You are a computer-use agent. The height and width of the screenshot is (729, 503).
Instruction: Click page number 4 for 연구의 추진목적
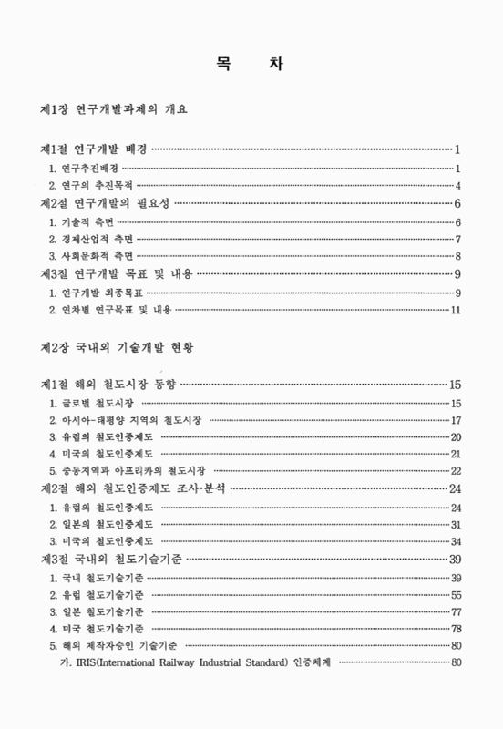[x=457, y=185]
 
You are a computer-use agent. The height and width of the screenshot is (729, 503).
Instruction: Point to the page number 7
[x=457, y=239]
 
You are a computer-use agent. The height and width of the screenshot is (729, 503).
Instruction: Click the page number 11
[x=456, y=310]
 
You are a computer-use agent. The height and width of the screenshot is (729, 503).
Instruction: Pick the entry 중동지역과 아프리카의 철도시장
[x=127, y=471]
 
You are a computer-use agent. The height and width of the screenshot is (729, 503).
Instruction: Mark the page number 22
[x=456, y=471]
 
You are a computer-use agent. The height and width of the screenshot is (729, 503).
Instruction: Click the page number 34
[x=456, y=542]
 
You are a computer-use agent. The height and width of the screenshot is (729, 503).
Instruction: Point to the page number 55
[x=456, y=595]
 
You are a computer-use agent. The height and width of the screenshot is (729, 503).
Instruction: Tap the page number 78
[x=456, y=630]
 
